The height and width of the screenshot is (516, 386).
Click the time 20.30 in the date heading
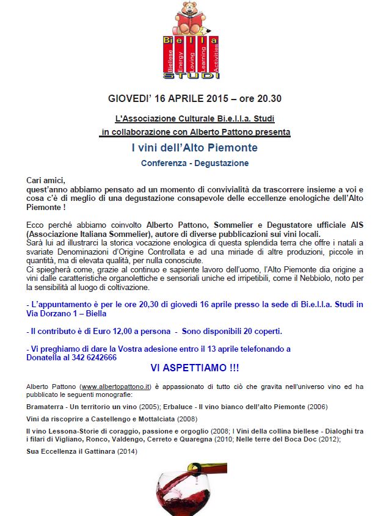pyautogui.click(x=268, y=98)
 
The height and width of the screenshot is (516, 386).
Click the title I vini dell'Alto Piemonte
pyautogui.click(x=194, y=148)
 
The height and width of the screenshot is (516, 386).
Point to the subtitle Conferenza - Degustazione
pyautogui.click(x=194, y=164)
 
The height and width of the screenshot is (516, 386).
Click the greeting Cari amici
pyautogui.click(x=45, y=180)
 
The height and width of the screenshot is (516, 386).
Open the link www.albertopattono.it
pyautogui.click(x=116, y=387)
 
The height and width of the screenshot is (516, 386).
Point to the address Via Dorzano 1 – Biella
pyautogui.click(x=67, y=313)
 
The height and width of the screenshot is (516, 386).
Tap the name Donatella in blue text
pyautogui.click(x=45, y=358)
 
